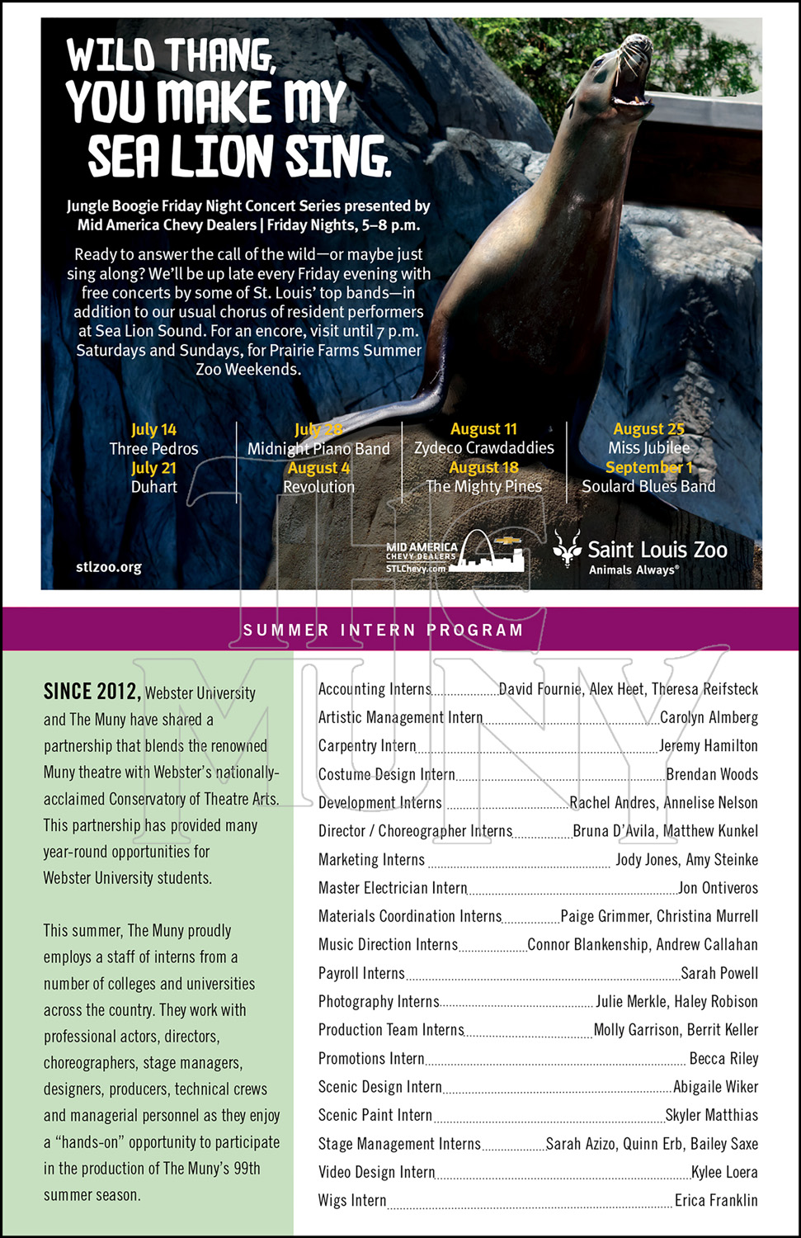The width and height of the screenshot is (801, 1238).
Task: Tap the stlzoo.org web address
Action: [108, 567]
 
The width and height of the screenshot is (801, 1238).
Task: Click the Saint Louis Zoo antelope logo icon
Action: [567, 549]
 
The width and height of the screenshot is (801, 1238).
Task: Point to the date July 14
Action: [153, 429]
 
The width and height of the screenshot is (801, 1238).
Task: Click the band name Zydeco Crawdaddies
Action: [484, 448]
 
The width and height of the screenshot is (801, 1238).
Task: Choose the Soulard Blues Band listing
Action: [648, 486]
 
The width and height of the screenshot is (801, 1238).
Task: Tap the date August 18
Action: [483, 467]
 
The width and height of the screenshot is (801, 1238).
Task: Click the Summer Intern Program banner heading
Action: [383, 630]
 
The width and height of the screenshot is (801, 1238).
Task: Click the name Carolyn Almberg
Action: [709, 717]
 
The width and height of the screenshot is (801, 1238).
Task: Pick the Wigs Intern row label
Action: [352, 1200]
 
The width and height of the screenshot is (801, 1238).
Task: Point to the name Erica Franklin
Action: [716, 1200]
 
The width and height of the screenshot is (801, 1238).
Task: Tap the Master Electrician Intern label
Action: [393, 888]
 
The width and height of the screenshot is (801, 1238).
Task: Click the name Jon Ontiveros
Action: [718, 888]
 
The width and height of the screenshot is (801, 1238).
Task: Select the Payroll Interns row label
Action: [361, 973]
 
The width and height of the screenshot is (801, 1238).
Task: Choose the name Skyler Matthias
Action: [711, 1115]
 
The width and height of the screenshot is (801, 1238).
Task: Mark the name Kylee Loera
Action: [724, 1172]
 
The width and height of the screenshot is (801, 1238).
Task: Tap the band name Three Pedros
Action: [153, 449]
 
